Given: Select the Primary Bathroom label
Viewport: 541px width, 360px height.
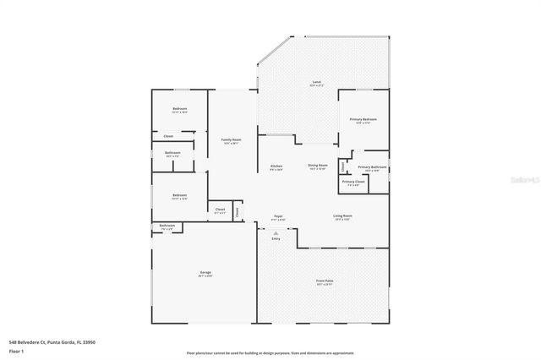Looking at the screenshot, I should point(372,167).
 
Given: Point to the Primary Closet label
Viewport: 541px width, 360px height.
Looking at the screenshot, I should point(353,182).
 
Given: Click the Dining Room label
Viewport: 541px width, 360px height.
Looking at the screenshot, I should point(318,166).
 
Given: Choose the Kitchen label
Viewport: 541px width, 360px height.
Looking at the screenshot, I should point(276,166).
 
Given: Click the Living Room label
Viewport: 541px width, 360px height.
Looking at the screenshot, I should point(342,216).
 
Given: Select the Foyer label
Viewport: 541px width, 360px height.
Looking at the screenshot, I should point(278,217).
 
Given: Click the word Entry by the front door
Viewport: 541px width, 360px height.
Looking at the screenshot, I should point(276,239).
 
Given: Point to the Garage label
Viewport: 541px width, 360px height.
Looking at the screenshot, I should point(205,272).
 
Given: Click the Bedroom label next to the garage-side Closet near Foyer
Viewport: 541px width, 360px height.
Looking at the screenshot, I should point(179,195).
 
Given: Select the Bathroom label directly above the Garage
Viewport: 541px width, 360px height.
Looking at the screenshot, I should point(167,226).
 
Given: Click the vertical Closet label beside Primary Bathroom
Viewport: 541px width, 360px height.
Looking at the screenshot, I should point(342,166).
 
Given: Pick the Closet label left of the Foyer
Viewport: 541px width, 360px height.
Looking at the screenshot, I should point(220,209).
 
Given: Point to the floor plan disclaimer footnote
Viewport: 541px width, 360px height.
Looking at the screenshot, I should point(270,353).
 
